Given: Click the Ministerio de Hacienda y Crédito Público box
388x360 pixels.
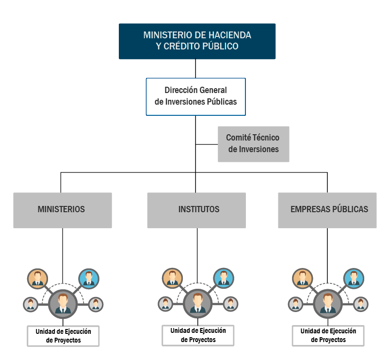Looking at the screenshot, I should pos(197,41).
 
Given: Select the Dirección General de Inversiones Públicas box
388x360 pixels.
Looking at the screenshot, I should pos(195,96).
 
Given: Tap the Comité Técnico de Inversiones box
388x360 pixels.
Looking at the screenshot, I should pos(253,143).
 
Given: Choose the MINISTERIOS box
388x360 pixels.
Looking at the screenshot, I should pos(62,210).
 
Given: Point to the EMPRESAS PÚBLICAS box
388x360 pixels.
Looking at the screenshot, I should pos(327,210).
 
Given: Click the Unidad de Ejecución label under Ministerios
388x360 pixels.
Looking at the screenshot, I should pos(63,336).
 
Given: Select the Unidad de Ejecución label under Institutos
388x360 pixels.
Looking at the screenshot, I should pos(198,335).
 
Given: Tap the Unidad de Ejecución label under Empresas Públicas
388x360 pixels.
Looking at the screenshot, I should pos(328,336).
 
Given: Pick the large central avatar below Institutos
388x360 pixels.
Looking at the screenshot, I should pos(197,303).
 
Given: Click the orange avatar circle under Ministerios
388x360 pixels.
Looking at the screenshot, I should pos(37,278).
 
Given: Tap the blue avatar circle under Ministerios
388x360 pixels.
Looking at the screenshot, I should pos(89,278).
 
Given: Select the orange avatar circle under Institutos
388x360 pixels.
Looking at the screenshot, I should pos(172,278).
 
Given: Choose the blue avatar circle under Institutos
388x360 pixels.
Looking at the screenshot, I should pos(224,278).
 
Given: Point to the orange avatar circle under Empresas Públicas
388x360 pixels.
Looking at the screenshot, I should pos(302,278).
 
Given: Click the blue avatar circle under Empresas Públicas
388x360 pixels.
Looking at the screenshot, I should pos(354,278).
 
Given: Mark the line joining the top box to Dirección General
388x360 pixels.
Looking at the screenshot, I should pos(195,68).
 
